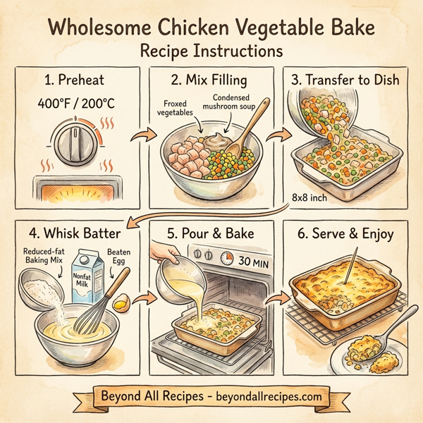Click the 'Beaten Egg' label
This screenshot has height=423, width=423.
click(116, 255)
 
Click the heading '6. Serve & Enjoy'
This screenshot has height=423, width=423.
click(345, 233)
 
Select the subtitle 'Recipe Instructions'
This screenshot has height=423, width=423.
click(211, 51)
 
